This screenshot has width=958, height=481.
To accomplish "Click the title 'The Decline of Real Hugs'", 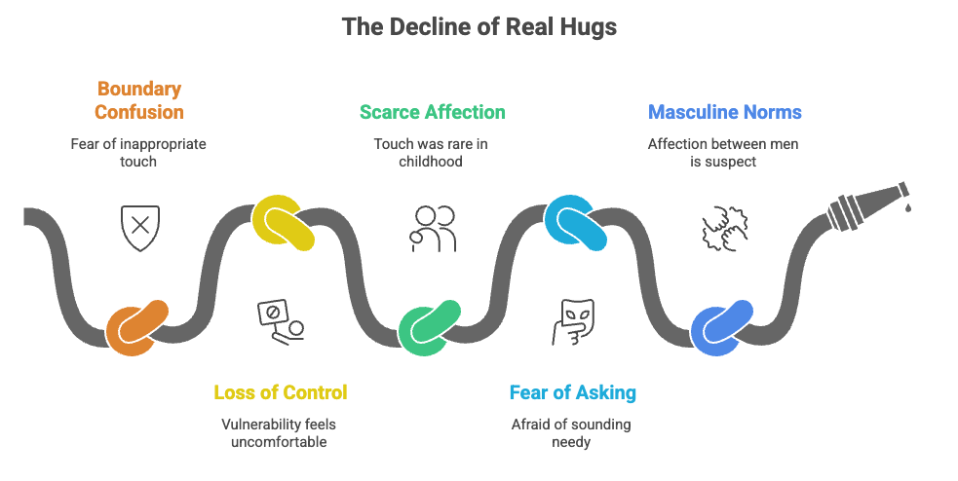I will point(479,26).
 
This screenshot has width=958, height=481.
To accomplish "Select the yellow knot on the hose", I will point(284,224).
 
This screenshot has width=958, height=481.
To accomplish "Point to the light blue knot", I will point(576,224).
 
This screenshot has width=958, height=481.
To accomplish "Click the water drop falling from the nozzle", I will point(908,207).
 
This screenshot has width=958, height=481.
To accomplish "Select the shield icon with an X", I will point(139,228).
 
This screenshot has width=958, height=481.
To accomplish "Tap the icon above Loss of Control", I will point(281,321).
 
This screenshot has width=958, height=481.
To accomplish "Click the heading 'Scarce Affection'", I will point(433,112).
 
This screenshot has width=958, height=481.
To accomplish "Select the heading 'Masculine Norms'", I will point(725,112).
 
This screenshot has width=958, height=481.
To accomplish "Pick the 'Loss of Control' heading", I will point(281,393).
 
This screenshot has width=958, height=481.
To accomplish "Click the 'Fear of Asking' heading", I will point(573,393).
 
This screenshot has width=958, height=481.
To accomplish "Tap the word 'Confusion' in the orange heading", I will point(139,112).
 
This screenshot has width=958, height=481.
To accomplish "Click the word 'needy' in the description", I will point(573,443).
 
